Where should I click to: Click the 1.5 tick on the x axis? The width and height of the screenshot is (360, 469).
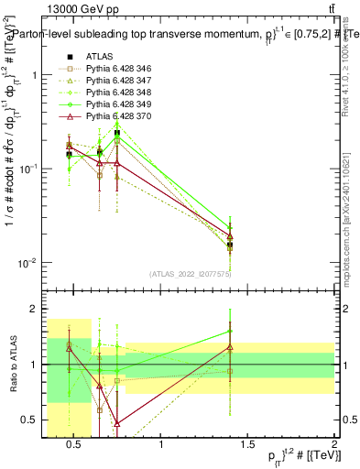click(x=248, y=444)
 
